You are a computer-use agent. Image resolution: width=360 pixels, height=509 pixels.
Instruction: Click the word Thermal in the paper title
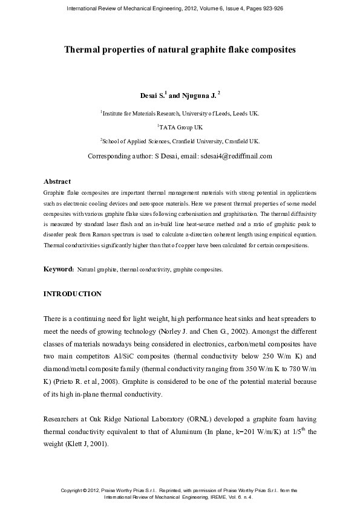click(x=85, y=50)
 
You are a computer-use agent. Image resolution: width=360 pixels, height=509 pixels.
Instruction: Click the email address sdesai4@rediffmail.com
click(x=236, y=156)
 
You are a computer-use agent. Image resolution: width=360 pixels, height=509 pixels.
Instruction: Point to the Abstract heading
click(x=57, y=181)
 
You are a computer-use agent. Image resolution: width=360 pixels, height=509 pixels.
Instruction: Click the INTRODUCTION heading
click(x=73, y=294)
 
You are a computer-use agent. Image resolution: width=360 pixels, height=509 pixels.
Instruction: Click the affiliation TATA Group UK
click(x=180, y=128)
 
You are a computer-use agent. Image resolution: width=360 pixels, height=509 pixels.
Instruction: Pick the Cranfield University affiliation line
click(x=180, y=141)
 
